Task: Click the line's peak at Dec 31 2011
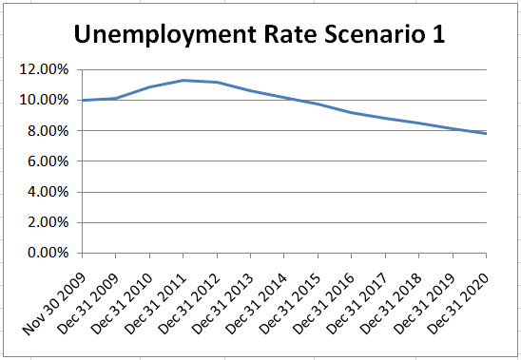click(x=183, y=80)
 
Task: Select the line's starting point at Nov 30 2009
click(x=83, y=100)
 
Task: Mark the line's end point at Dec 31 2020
click(x=486, y=134)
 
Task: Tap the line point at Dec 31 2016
click(x=352, y=113)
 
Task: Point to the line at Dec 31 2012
click(x=217, y=83)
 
